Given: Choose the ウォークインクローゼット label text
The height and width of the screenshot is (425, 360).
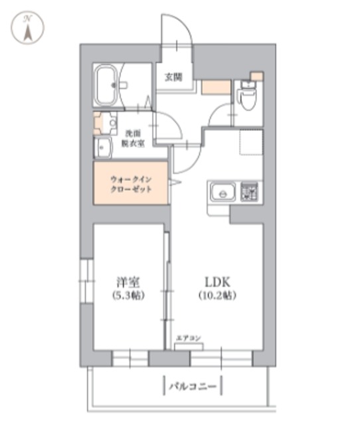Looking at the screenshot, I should tap(131, 184).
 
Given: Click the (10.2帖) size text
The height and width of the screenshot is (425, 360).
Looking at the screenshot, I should tap(217, 294).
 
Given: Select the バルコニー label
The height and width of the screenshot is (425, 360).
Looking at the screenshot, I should tap(193, 384).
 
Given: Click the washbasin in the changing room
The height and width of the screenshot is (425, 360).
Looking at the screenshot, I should tap(103, 148).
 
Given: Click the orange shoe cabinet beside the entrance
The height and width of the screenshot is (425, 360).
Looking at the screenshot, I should tap(216, 86).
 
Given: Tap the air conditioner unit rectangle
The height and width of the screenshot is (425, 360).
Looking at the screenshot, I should tap(189, 346).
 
